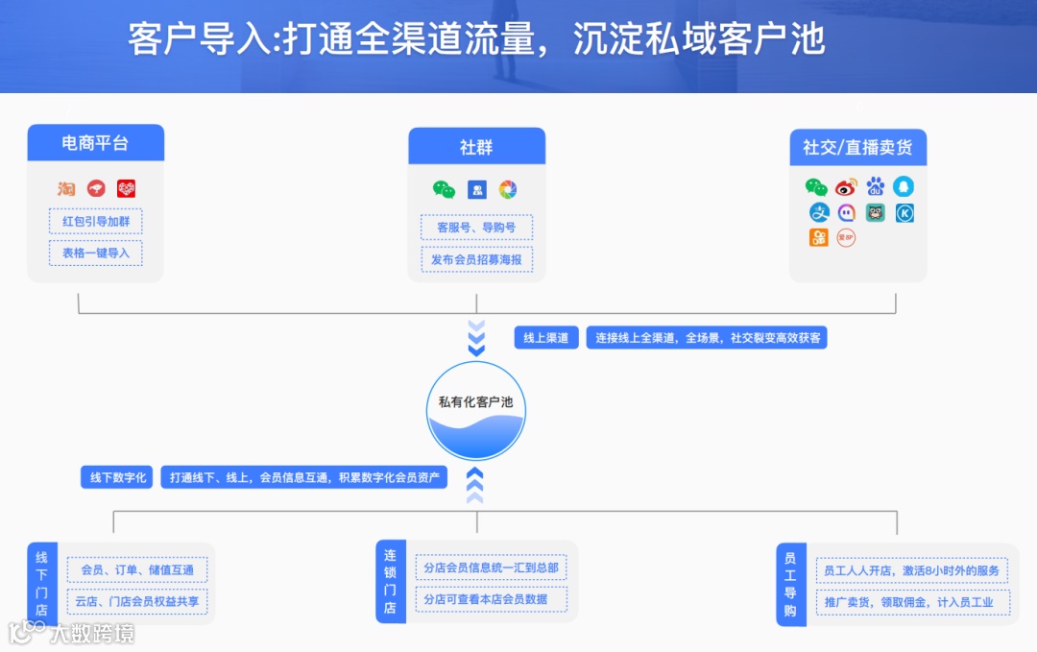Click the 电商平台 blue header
pyautogui.click(x=95, y=143)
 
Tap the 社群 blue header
pyautogui.click(x=476, y=147)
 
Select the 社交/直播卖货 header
pyautogui.click(x=857, y=148)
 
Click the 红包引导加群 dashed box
pyautogui.click(x=95, y=222)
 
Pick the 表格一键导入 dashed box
pyautogui.click(x=95, y=253)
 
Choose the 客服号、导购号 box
pyautogui.click(x=476, y=228)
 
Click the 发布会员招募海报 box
pyautogui.click(x=476, y=259)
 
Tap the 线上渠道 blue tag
pyautogui.click(x=545, y=338)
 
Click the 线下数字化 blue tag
pyautogui.click(x=117, y=477)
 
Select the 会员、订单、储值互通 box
pyautogui.click(x=137, y=570)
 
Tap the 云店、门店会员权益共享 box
pyautogui.click(x=137, y=602)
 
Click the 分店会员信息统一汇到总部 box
pyautogui.click(x=491, y=567)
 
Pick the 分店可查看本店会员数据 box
pyautogui.click(x=491, y=599)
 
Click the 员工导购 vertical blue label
pyautogui.click(x=790, y=584)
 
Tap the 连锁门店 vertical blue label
pyautogui.click(x=390, y=581)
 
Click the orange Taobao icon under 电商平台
pyautogui.click(x=65, y=189)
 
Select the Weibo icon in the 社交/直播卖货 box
pyautogui.click(x=846, y=187)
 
